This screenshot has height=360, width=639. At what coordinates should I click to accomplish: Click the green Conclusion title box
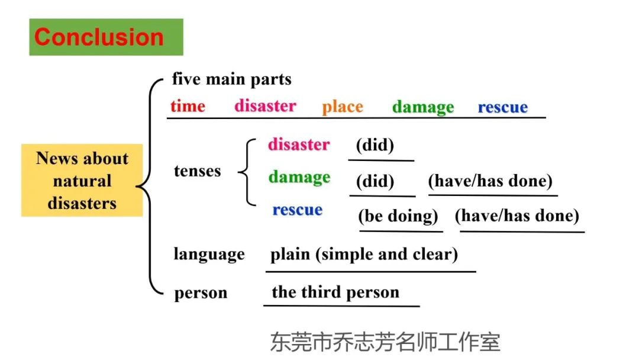(106, 37)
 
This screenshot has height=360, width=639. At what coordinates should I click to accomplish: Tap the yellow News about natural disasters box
(82, 180)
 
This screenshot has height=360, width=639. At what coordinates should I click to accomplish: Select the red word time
(188, 106)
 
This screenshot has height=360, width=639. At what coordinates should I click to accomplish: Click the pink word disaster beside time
(265, 105)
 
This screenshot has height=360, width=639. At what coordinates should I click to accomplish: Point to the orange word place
(343, 107)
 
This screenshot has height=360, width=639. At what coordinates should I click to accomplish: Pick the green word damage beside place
(423, 107)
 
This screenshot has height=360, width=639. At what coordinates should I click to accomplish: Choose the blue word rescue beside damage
(502, 107)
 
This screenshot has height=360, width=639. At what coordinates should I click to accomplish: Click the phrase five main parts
(231, 79)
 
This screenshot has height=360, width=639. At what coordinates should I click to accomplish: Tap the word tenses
(197, 171)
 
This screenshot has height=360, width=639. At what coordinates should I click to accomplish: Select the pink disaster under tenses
(299, 144)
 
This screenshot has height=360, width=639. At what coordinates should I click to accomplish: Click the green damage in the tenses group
(299, 178)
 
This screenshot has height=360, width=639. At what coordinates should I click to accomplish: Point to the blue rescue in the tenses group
(298, 210)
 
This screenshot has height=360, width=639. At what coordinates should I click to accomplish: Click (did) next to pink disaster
(375, 144)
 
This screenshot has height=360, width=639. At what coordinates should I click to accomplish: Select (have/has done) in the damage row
(490, 181)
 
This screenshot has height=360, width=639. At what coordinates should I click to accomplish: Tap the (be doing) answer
(398, 216)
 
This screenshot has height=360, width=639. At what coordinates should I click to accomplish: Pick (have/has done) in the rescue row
(517, 216)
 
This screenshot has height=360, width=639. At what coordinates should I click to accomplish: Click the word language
(209, 254)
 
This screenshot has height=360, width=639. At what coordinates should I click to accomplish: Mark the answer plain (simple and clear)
(364, 255)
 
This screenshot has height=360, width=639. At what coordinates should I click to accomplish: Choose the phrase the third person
(335, 292)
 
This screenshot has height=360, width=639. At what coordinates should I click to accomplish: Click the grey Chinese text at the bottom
(385, 342)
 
